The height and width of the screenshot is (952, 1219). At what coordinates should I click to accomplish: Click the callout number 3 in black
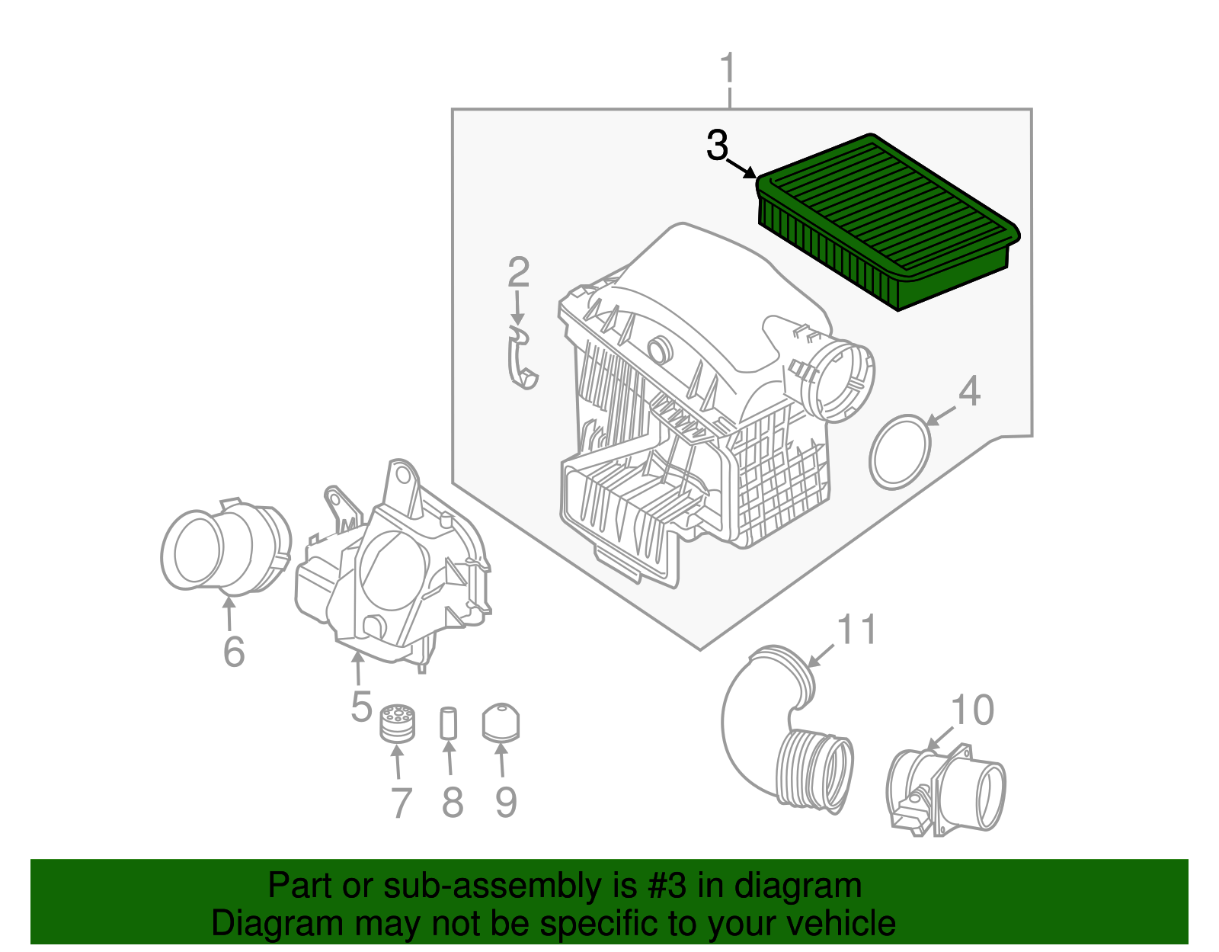click(x=717, y=146)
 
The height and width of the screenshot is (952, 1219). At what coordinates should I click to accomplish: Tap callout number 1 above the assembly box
click(x=728, y=69)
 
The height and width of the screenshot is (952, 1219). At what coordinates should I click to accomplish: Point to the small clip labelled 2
click(x=521, y=358)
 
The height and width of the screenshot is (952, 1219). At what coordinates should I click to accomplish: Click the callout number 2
click(x=518, y=273)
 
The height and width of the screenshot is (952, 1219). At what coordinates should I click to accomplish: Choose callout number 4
click(x=968, y=392)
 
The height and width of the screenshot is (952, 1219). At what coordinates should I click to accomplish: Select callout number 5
click(x=361, y=706)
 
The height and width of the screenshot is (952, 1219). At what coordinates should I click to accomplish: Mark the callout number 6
click(x=234, y=652)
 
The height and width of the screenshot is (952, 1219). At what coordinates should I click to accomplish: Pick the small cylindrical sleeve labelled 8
click(x=448, y=723)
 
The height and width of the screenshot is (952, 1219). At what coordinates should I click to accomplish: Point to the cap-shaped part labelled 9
click(x=501, y=722)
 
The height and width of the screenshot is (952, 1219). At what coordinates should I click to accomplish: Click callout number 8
click(x=453, y=802)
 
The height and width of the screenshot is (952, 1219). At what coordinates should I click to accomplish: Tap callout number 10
click(x=972, y=710)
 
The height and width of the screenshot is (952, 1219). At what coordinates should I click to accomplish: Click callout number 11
click(x=856, y=630)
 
